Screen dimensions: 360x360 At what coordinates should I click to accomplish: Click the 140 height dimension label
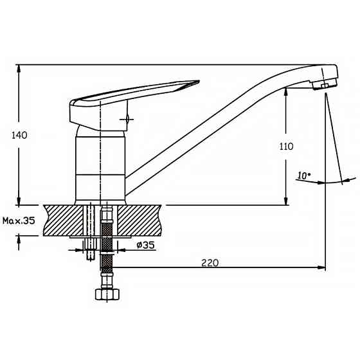(x=19, y=135)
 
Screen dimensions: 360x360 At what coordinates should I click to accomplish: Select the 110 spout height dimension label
(x=286, y=147)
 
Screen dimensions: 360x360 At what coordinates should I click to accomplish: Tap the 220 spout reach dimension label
(x=210, y=263)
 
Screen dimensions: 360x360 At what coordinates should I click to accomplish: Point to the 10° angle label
(x=304, y=175)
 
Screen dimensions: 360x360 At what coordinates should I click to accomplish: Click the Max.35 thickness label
(x=19, y=221)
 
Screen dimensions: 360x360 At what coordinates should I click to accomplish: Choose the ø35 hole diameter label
(x=145, y=245)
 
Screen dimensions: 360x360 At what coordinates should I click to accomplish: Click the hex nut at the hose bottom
(x=108, y=294)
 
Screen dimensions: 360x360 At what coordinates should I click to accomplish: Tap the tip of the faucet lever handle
(x=199, y=81)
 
